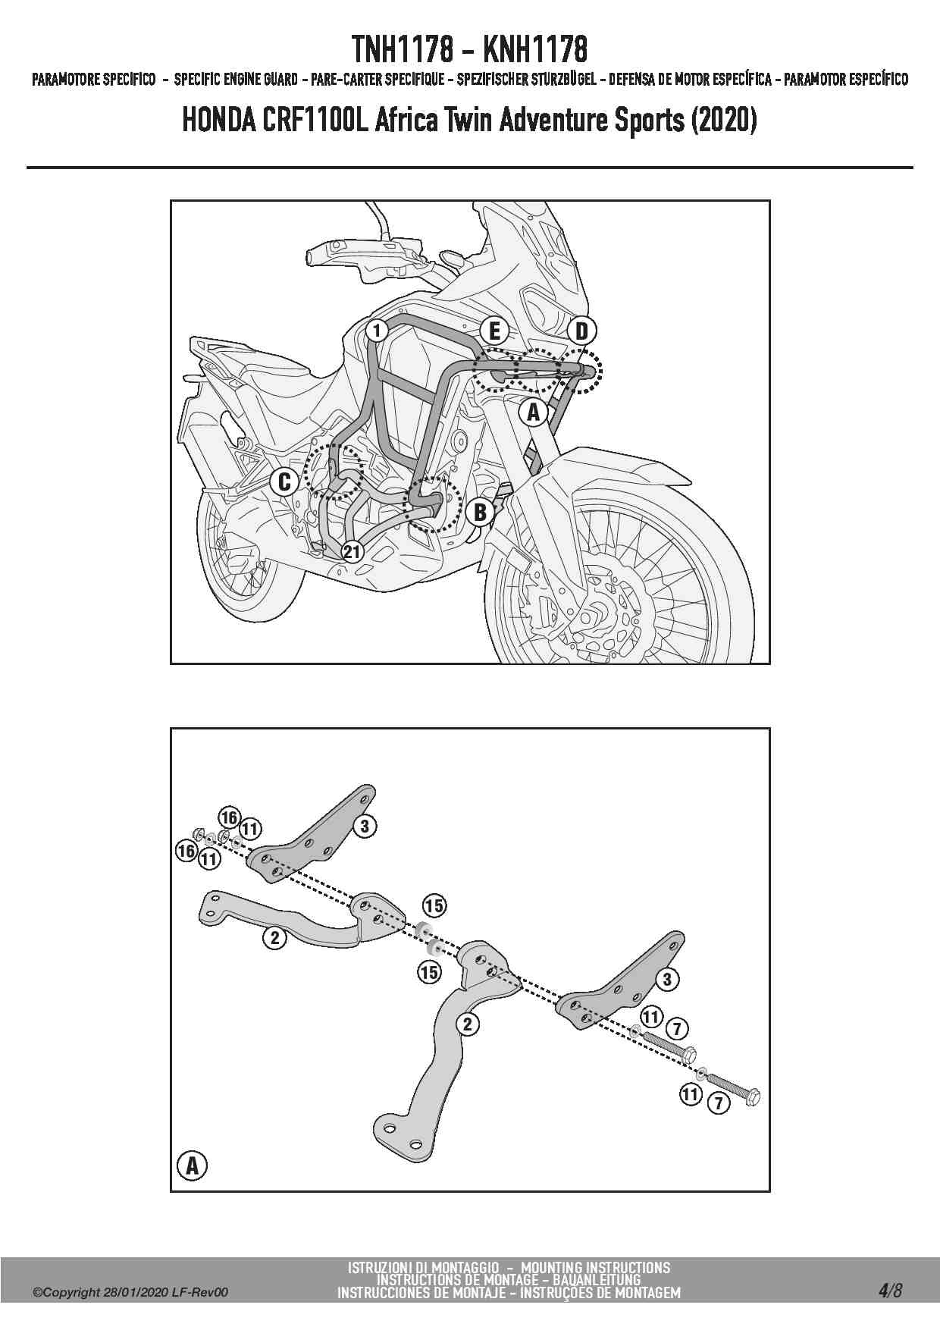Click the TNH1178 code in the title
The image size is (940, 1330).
403,50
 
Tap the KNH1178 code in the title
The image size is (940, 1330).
535,50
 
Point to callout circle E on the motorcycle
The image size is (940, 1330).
494,331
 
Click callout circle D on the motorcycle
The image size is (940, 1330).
581,331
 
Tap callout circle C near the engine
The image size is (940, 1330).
285,481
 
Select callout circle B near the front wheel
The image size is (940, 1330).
480,513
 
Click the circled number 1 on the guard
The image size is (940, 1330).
376,330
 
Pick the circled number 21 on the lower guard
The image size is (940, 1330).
352,551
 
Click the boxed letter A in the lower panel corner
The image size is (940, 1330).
192,1165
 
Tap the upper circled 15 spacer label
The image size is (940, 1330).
434,905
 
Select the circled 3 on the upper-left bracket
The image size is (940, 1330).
365,826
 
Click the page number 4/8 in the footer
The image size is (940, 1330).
891,1291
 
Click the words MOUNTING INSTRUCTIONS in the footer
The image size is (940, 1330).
596,1267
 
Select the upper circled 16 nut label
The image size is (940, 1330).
229,817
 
